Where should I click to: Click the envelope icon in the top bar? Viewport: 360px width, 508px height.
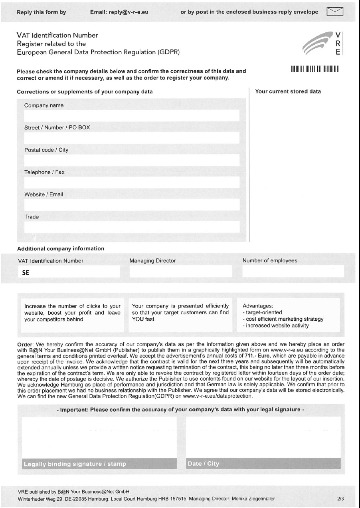(x=335, y=12)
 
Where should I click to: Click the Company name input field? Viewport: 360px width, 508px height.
(x=132, y=116)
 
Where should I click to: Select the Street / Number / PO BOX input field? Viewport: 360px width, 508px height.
(x=132, y=138)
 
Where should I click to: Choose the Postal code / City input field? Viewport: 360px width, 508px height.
(x=132, y=161)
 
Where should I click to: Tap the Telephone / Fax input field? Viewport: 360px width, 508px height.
(x=132, y=183)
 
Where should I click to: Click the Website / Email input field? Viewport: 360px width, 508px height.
(x=132, y=205)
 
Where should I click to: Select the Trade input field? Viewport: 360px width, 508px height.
(x=132, y=227)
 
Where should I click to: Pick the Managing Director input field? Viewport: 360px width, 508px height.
(x=180, y=272)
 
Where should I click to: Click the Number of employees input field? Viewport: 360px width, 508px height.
(x=293, y=272)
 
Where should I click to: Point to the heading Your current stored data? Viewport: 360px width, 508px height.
(x=288, y=91)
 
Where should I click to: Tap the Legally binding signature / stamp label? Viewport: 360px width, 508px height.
(x=75, y=464)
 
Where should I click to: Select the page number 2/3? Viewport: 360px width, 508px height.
(x=340, y=499)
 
